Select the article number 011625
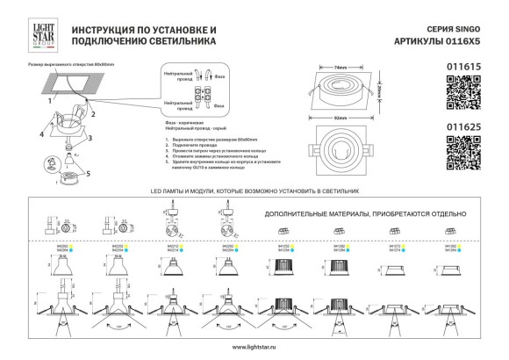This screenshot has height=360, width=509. click(464, 127)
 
